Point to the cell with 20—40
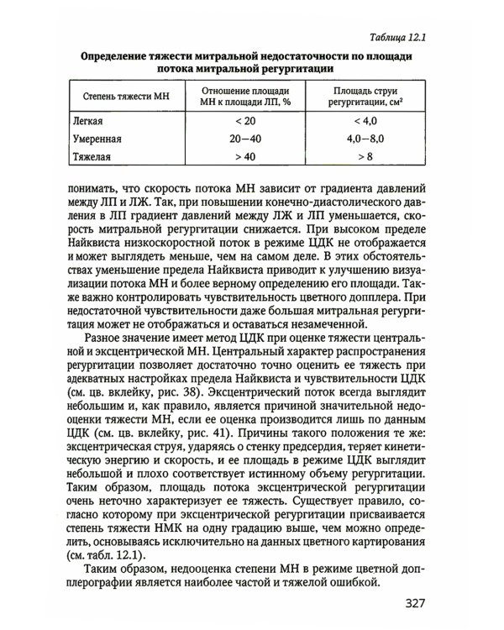pos(244,139)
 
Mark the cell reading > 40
pos(244,156)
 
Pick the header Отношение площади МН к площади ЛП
pos(244,97)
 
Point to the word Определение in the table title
pos(117,55)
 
